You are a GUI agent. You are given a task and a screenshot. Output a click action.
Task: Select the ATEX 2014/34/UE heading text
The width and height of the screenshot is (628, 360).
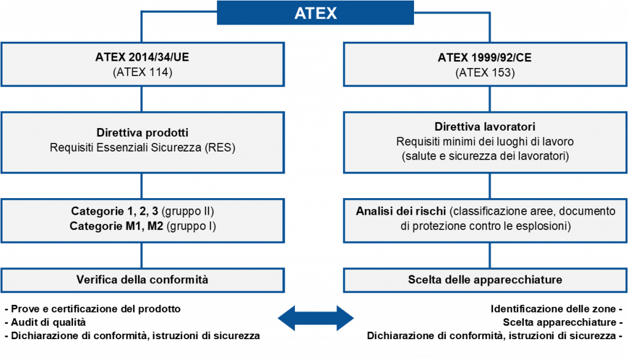pos(142,58)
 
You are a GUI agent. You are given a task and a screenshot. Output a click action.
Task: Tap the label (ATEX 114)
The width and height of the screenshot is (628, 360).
pos(142,72)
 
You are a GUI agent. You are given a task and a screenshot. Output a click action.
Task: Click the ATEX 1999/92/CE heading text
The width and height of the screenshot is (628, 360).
pos(484,58)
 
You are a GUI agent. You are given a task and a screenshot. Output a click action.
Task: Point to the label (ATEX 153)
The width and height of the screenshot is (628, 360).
pos(484,72)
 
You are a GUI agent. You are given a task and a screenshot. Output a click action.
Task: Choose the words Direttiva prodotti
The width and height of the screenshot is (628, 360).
pos(142,132)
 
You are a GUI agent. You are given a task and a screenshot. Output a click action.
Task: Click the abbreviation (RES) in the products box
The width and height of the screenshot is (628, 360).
pos(221,147)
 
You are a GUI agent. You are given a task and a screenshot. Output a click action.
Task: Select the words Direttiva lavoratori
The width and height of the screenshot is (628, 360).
pos(484,128)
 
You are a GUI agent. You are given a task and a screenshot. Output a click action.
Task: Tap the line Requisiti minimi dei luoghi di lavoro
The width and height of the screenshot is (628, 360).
pos(484,142)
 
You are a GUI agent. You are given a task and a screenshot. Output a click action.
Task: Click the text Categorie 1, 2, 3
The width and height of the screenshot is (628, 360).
pos(115,212)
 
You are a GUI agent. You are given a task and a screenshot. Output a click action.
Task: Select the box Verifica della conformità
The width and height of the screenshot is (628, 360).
pos(142,280)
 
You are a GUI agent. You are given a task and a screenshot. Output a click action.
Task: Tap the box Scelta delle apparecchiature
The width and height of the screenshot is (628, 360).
pos(484,280)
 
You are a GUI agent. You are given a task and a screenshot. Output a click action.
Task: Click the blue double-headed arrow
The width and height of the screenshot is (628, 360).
pos(316,318)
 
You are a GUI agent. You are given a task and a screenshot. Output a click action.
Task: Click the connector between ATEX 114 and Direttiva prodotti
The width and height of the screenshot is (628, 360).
pos(142,100)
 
